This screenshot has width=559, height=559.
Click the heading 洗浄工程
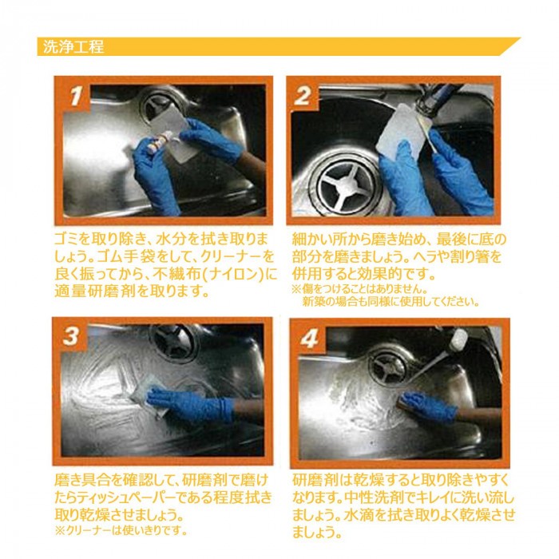click(x=73, y=47)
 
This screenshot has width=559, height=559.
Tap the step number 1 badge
click(x=75, y=95)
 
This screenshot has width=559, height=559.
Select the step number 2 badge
click(x=303, y=95)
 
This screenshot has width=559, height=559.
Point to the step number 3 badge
click(x=71, y=336)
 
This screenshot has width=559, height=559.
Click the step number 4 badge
click(x=309, y=339)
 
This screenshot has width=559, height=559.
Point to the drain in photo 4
click(x=387, y=367)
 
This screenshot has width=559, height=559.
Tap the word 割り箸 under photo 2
click(x=475, y=256)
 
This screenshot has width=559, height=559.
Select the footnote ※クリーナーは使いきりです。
click(x=121, y=531)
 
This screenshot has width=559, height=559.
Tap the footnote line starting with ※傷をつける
click(x=359, y=288)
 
